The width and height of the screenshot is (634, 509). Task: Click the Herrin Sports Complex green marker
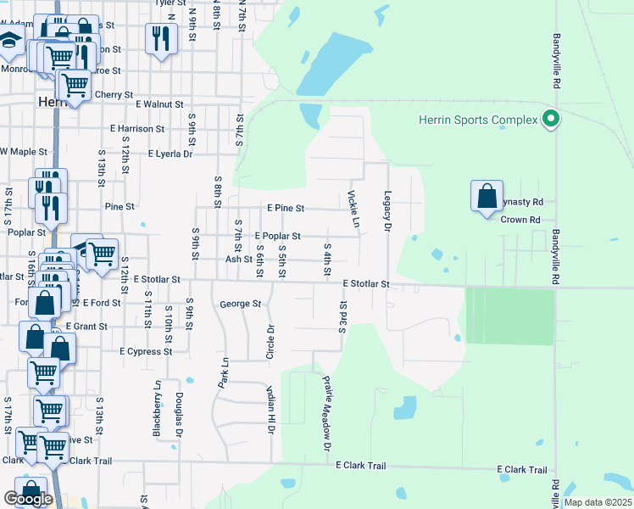click(552, 120)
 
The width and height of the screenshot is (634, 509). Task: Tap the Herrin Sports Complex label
click(478, 120)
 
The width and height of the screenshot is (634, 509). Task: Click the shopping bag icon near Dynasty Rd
click(487, 197)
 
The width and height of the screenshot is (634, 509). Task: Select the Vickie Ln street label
click(353, 209)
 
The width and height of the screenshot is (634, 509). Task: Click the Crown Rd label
click(520, 220)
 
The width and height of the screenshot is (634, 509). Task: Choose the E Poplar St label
click(277, 236)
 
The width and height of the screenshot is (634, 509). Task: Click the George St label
click(239, 303)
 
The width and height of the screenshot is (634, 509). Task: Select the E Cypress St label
click(146, 350)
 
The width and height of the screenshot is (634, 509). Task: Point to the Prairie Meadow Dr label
click(326, 414)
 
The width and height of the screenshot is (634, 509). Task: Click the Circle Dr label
click(270, 341)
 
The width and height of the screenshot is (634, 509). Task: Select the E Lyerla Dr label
click(170, 154)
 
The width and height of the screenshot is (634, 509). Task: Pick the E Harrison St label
click(137, 129)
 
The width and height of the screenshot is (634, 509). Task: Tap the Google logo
click(29, 499)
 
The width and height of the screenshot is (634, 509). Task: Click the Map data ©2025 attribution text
click(597, 502)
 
